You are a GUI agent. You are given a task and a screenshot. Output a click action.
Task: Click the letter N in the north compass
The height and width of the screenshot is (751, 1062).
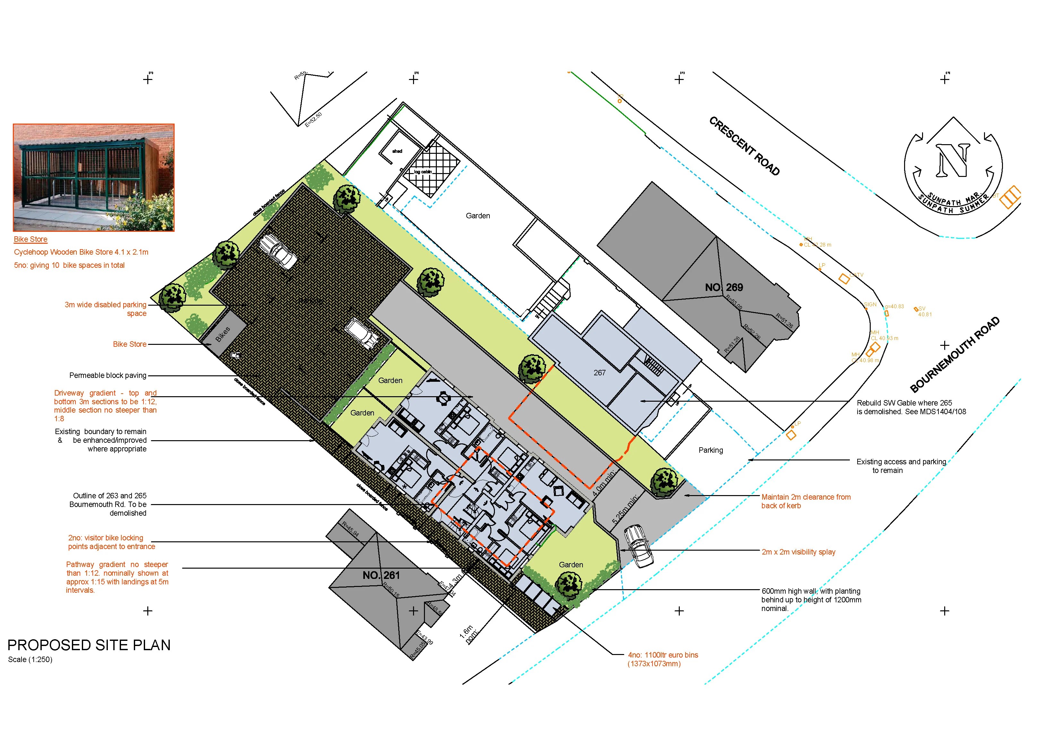(953, 161)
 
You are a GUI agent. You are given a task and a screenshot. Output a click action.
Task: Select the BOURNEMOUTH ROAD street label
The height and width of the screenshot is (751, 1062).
(955, 354)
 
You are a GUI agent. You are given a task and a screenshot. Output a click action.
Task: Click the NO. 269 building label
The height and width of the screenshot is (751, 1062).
(723, 287)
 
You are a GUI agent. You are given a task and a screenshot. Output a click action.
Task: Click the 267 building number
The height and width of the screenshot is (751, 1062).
(600, 372)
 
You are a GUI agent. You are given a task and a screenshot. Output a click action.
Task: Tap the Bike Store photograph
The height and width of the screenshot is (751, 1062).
(93, 178)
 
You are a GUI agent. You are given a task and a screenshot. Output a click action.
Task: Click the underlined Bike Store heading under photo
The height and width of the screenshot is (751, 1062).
(30, 239)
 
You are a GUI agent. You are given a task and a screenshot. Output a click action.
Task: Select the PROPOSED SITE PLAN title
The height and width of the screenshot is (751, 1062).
(89, 645)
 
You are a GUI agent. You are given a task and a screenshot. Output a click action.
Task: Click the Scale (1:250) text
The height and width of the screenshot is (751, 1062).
(30, 659)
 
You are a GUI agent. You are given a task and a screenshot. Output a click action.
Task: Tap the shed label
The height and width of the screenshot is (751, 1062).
(397, 151)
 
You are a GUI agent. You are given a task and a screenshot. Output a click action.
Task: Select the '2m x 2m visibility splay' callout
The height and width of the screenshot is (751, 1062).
(799, 552)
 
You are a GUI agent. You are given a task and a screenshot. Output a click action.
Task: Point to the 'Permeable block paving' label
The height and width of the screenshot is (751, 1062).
(108, 375)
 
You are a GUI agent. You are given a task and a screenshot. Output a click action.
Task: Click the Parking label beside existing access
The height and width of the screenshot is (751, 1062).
(711, 450)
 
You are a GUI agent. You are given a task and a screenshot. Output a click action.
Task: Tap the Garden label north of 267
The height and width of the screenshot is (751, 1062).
(478, 216)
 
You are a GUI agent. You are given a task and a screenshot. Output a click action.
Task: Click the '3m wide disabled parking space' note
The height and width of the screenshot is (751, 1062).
(106, 309)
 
